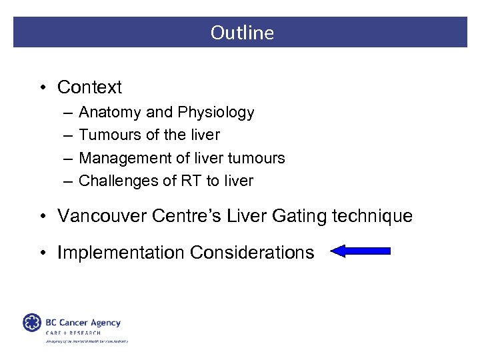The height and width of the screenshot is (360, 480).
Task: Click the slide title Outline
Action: [242, 33]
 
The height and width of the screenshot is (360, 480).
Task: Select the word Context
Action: [90, 87]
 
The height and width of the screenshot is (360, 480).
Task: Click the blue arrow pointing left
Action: [360, 251]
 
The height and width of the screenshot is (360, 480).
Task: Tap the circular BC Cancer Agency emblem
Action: [32, 323]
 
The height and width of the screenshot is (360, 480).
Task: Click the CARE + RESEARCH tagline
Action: [73, 333]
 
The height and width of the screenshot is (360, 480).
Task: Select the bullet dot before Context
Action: [41, 88]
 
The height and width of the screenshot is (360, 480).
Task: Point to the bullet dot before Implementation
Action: [41, 253]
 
